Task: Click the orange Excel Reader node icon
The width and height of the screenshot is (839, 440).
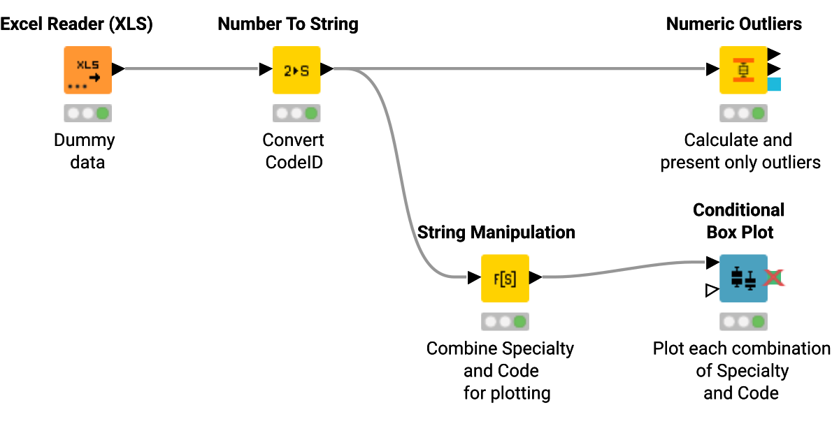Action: pos(87,70)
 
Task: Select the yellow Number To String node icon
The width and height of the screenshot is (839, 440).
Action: pos(296,70)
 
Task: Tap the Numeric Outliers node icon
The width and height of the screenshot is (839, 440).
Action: pos(743,70)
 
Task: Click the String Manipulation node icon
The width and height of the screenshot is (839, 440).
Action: pos(504,278)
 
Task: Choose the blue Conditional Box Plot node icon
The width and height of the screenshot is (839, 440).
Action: pos(743,278)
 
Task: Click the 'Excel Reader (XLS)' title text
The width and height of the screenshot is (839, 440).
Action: pos(76,24)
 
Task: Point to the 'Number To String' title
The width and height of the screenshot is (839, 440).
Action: pos(288,24)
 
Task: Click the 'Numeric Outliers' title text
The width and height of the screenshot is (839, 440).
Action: pos(733,24)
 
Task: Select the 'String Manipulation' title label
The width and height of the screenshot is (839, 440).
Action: pos(496,233)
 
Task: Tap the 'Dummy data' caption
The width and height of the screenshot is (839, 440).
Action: pos(84,151)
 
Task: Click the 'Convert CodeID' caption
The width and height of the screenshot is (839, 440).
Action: pos(293,151)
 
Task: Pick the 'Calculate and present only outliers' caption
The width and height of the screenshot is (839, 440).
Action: pos(740,151)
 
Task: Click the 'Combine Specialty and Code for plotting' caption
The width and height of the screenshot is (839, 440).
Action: pos(500,370)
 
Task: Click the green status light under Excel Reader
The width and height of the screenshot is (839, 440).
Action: pos(103,112)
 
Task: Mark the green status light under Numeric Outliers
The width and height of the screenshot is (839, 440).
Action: pos(759,112)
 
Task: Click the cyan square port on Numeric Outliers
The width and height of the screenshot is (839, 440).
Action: pos(774,85)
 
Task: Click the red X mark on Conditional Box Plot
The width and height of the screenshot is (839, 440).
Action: pos(773,278)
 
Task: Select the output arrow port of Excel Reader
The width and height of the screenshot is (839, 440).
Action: pos(118,69)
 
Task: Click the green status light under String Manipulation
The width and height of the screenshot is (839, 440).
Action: pos(519,321)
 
